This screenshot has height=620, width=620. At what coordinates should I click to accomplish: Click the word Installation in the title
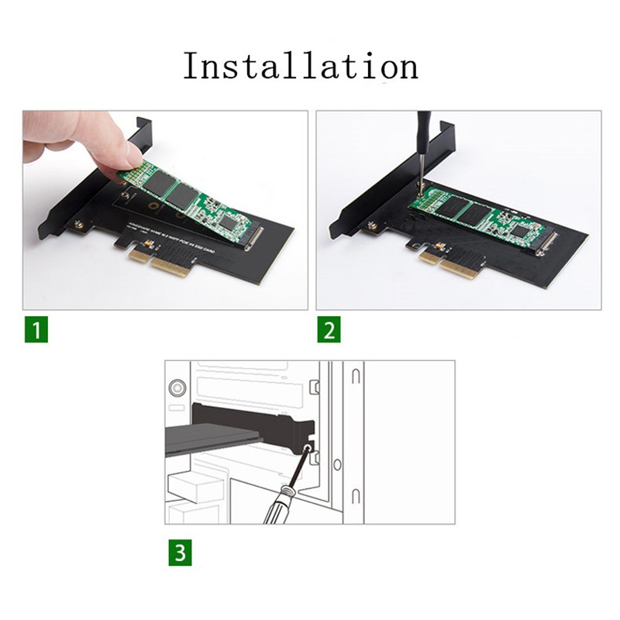click(300, 66)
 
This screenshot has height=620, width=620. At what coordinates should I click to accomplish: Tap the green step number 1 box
click(35, 330)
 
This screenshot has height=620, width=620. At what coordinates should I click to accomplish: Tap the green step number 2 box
click(329, 330)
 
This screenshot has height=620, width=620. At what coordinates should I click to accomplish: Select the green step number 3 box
click(180, 553)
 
